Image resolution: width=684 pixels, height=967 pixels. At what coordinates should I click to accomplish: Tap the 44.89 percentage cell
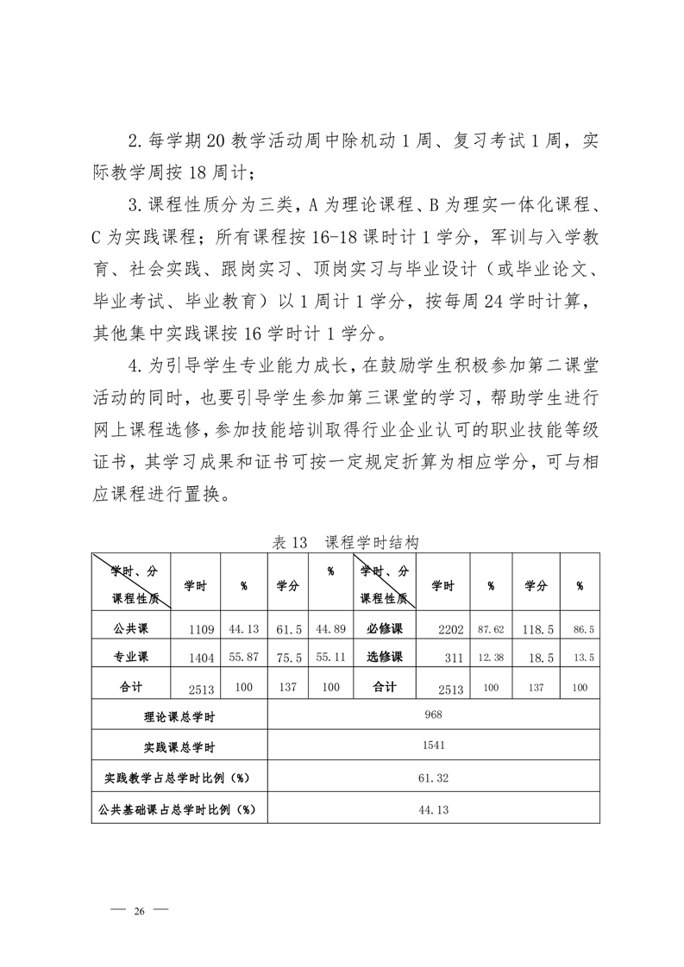click(x=330, y=630)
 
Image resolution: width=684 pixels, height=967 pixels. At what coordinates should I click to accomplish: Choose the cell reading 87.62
click(x=491, y=630)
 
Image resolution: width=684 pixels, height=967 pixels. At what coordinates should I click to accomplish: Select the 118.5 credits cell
click(x=536, y=630)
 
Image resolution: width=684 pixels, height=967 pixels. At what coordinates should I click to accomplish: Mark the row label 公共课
click(x=131, y=628)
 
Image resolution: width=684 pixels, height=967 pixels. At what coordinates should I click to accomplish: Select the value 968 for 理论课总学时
click(x=434, y=714)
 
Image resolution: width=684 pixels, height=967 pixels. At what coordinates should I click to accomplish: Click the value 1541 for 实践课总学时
click(x=434, y=746)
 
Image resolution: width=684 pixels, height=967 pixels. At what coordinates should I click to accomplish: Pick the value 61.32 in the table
click(x=434, y=777)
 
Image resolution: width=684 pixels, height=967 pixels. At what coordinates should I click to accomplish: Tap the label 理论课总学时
click(x=179, y=715)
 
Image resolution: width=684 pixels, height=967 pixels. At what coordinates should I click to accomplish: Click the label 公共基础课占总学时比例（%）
click(x=179, y=809)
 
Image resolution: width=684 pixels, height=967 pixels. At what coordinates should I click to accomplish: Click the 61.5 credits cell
click(x=287, y=630)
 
